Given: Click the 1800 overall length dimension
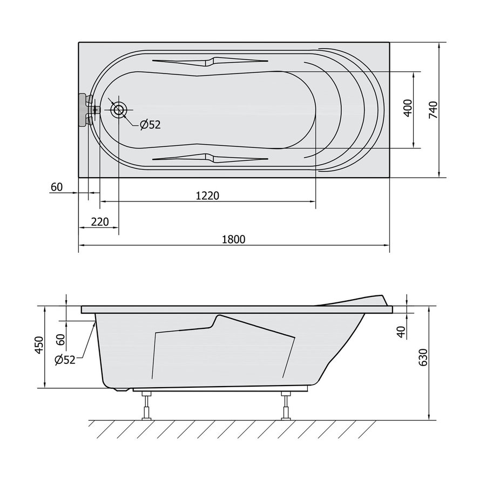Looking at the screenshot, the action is point(234,239).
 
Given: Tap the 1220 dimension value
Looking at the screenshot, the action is point(207,196).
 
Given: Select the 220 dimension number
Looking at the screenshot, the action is point(100,222).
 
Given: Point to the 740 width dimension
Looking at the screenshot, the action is point(433,110).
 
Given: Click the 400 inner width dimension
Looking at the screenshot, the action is point(408,108).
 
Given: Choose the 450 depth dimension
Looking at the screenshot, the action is point(39,345).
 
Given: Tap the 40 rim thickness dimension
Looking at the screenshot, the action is point(401,332).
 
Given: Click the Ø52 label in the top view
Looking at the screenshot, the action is point(150,125).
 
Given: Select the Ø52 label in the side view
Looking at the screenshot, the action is point(65,360).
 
